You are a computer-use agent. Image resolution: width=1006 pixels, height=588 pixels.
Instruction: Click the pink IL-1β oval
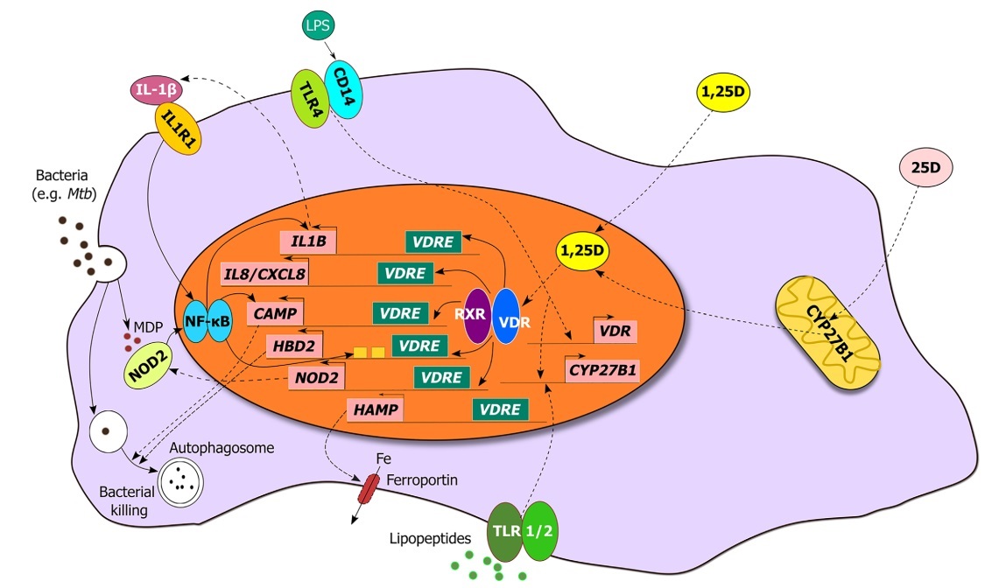(x=156, y=89)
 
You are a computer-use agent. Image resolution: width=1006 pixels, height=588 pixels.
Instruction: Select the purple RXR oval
(x=476, y=315)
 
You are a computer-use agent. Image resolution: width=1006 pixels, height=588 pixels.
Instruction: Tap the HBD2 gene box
(x=294, y=346)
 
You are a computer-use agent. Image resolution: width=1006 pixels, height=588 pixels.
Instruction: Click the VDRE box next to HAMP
(x=501, y=409)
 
